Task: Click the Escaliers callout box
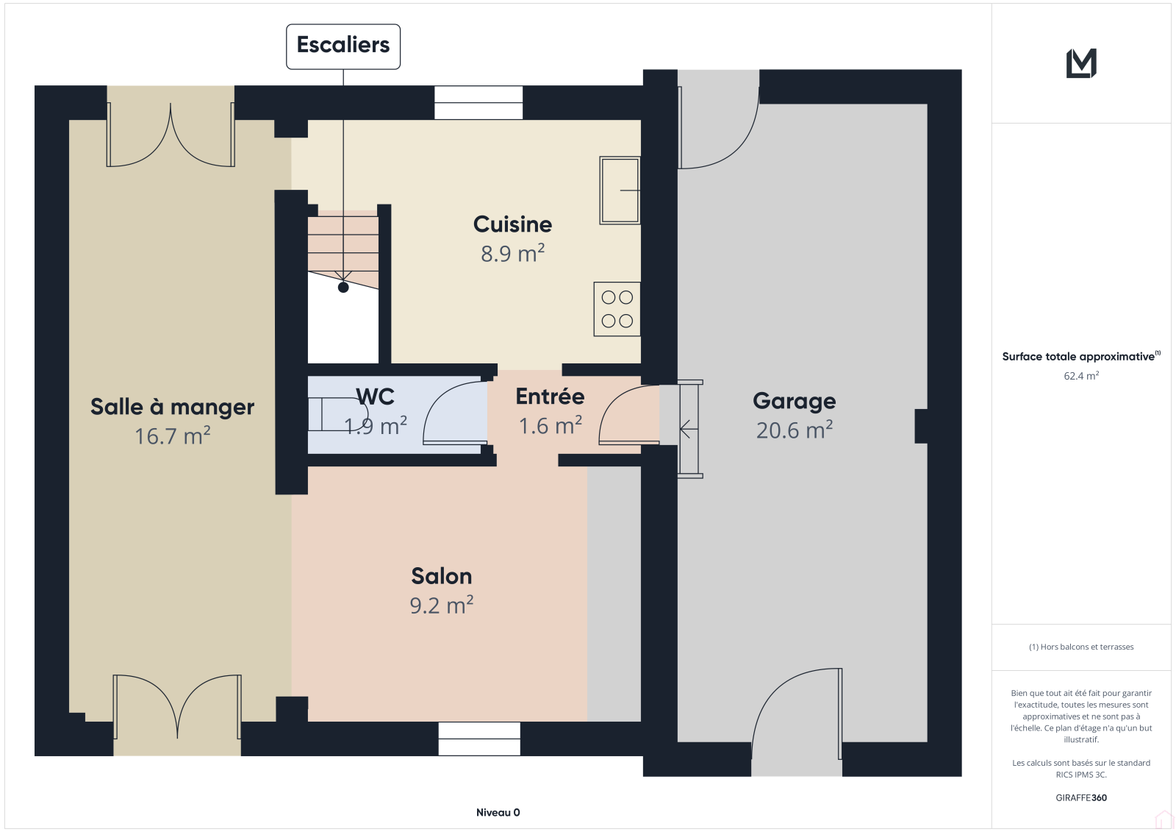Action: coord(343,46)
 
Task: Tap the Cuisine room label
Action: coord(512,224)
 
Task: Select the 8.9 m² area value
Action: coord(512,253)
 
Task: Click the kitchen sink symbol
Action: coord(620,191)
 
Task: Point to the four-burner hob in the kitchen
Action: coord(617,309)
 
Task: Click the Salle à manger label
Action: coord(172,407)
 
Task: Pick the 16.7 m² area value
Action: coord(172,435)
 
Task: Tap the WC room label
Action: coord(375,397)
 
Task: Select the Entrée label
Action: coord(550,397)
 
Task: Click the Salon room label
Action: coord(442,576)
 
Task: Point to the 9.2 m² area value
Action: coord(442,605)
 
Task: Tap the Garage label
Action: coord(795,402)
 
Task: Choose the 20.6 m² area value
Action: coord(795,430)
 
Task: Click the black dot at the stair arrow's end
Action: coord(343,288)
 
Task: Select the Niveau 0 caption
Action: coord(498,812)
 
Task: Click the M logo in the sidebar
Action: coord(1081,63)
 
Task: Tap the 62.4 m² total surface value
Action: coord(1081,376)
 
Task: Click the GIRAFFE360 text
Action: coord(1081,797)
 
